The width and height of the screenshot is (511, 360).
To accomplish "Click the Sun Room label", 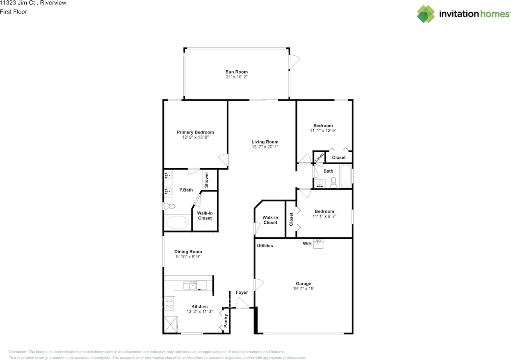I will [236, 72].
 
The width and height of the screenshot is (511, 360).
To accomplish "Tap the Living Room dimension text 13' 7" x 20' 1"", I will [265, 147].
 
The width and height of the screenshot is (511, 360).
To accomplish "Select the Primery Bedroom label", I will [195, 132].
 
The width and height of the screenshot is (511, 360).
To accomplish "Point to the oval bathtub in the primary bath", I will [177, 222].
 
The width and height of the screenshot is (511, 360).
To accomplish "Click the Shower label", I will [207, 180].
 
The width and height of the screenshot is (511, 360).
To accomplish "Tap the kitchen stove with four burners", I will [168, 304].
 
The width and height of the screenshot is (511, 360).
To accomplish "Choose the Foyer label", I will [242, 292].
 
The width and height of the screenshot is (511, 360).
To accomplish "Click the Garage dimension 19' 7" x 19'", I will [303, 288].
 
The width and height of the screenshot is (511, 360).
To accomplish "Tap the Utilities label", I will [265, 246].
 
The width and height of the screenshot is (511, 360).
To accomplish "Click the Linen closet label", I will [319, 158].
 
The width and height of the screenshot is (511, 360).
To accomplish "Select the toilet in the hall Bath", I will [333, 183].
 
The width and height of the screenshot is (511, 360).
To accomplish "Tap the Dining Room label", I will [188, 252].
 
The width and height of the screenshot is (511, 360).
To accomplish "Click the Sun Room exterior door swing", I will [294, 62].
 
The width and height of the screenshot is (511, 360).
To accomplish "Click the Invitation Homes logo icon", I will [426, 14].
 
